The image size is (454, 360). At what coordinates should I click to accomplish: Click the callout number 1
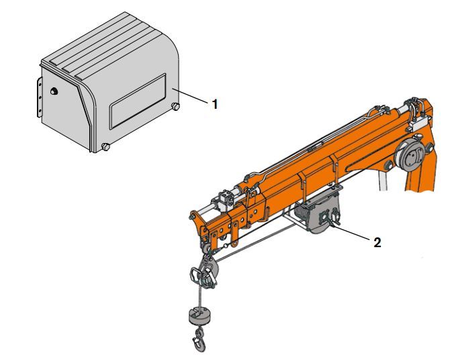pyautogui.click(x=214, y=104)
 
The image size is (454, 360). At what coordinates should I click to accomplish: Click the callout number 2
pyautogui.click(x=377, y=242)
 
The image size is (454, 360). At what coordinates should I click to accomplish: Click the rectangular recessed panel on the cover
pyautogui.click(x=138, y=101)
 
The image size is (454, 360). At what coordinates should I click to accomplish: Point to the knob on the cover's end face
pyautogui.click(x=54, y=91)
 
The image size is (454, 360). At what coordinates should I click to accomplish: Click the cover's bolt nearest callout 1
pyautogui.click(x=175, y=106)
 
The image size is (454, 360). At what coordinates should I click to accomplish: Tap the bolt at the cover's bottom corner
pyautogui.click(x=105, y=146)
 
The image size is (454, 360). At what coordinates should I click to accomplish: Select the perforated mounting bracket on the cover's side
pyautogui.click(x=40, y=97)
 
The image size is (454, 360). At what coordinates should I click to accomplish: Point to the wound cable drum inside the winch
pyautogui.click(x=304, y=214)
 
